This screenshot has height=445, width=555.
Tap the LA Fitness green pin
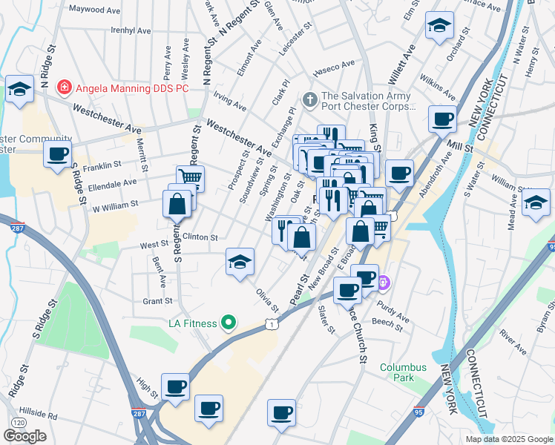point(229,323)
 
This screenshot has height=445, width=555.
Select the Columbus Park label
point(403,372)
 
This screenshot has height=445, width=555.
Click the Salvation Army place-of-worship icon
point(310,98)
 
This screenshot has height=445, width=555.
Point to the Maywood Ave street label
point(93,10)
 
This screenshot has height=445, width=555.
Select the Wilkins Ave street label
point(437,87)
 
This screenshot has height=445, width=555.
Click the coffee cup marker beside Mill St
point(443,118)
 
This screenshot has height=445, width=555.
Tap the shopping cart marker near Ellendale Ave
point(191,177)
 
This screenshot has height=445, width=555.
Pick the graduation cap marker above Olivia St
point(239,262)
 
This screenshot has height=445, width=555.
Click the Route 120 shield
point(16,422)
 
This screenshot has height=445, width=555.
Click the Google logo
point(25,435)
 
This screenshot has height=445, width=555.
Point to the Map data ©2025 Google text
point(509,439)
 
